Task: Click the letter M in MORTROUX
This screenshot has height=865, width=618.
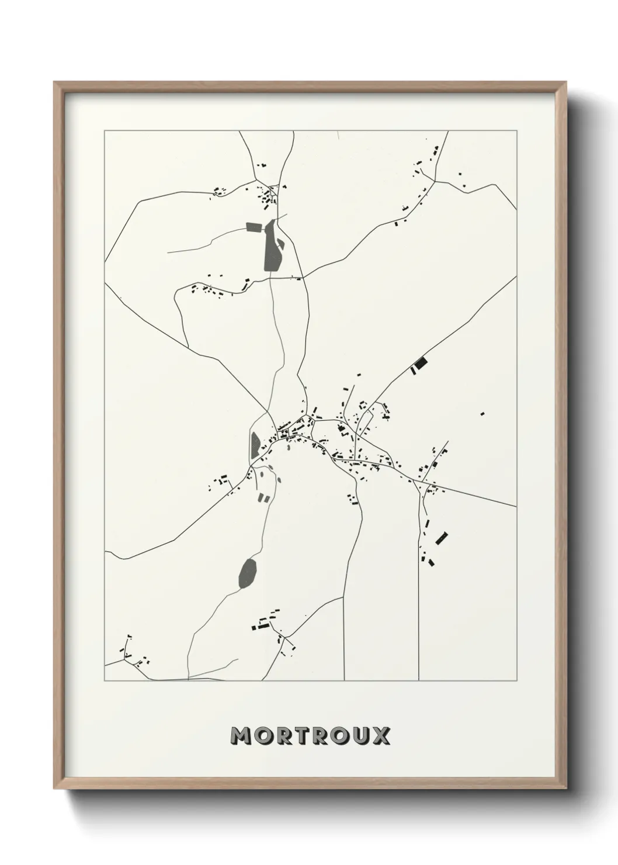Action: click(241, 736)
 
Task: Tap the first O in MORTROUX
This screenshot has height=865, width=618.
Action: click(263, 736)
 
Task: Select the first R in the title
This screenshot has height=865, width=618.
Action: click(283, 736)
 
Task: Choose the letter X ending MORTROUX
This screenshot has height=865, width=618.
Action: click(381, 736)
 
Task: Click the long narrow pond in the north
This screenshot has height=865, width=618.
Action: click(271, 246)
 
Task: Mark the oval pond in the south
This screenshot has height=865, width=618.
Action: click(248, 573)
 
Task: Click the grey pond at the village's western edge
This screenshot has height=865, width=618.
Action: click(255, 446)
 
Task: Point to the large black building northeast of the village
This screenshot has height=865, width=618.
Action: click(420, 364)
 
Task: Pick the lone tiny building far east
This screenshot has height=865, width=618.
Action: click(482, 414)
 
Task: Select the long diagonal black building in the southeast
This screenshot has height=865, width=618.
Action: click(442, 538)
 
